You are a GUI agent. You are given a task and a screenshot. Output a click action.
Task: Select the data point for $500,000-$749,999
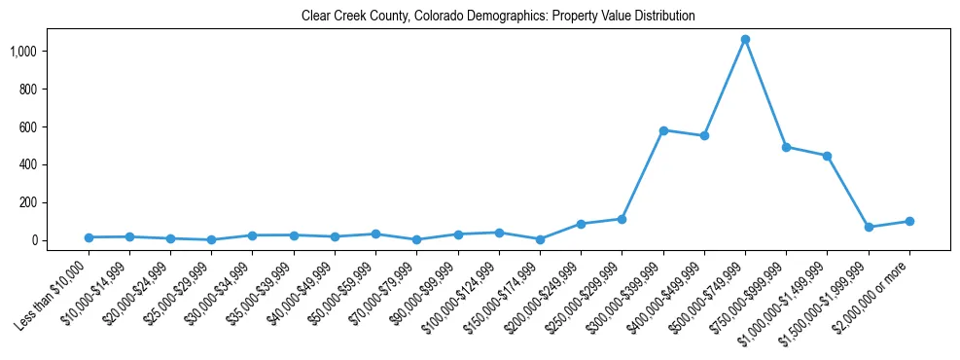(745, 40)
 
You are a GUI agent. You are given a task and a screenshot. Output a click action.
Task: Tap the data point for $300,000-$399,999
(663, 130)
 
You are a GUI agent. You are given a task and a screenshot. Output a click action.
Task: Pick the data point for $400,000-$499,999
(704, 136)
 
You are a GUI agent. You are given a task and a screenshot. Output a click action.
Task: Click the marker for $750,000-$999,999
(786, 147)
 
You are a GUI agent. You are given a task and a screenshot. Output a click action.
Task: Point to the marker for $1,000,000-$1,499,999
(827, 156)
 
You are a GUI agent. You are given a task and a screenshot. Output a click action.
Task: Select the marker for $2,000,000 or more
(908, 221)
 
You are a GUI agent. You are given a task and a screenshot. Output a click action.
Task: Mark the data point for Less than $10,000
(89, 237)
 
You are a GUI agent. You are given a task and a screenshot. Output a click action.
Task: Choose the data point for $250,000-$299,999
(622, 219)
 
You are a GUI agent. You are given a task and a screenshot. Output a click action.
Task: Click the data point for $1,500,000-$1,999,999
(868, 228)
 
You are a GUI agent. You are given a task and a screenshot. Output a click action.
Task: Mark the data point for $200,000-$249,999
(581, 224)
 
